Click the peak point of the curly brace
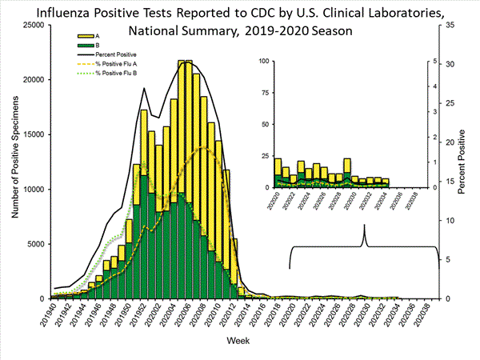tap(365, 226)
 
